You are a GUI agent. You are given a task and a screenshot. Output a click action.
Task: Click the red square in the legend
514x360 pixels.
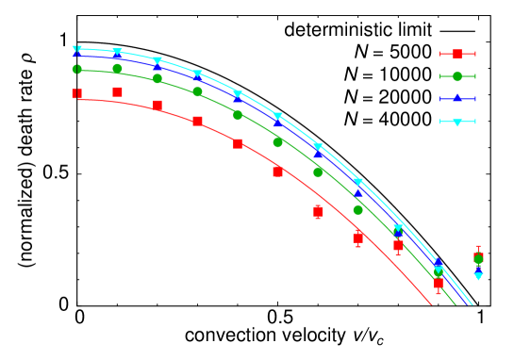457,54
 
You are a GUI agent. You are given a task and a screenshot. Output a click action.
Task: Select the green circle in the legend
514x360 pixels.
457,76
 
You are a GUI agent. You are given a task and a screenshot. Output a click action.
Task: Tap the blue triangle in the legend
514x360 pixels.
457,98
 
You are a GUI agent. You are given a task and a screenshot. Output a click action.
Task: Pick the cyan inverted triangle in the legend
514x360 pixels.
457,122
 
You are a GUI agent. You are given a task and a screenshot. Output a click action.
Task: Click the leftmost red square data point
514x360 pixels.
76,93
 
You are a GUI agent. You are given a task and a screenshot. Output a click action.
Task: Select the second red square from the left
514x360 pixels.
117,91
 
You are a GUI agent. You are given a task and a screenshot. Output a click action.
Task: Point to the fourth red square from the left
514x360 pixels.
197,121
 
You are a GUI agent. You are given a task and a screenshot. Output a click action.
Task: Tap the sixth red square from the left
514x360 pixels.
277,172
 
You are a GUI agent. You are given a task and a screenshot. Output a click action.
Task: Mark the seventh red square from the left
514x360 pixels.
318,211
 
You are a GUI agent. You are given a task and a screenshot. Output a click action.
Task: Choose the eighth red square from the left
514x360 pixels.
357,238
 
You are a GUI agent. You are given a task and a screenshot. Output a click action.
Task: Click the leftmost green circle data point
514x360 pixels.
76,69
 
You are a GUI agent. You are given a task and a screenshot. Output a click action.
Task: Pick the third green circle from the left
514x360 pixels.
158,78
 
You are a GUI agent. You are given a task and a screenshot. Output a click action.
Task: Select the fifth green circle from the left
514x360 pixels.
238,115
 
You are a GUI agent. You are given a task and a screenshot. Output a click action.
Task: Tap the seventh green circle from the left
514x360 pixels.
318,172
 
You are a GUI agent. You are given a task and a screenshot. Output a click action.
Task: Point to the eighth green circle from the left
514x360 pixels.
358,209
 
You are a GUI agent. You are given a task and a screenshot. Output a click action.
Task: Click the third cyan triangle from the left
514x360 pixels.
158,61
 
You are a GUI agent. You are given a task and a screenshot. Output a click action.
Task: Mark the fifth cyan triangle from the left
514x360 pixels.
238,94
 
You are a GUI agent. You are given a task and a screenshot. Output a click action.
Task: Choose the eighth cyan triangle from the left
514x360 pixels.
358,181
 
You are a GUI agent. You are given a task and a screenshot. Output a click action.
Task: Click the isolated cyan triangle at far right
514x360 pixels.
478,275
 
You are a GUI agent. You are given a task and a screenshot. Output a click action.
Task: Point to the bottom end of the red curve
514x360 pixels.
432,304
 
